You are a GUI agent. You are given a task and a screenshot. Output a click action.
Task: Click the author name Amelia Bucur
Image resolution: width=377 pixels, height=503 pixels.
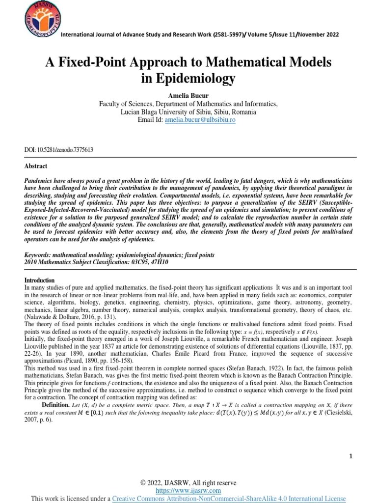coord(188,95)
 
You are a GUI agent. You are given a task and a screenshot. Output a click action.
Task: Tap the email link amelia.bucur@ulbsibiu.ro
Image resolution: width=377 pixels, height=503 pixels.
coord(200,119)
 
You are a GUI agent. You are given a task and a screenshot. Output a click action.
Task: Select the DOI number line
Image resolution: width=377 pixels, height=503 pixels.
coord(59,149)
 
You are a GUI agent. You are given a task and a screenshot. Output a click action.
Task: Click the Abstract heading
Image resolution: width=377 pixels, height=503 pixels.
coord(36,166)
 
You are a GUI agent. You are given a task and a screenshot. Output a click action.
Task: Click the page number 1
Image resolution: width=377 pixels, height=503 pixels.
coord(351,456)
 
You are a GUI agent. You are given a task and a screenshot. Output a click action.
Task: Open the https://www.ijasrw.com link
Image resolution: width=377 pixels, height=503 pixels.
coord(188,491)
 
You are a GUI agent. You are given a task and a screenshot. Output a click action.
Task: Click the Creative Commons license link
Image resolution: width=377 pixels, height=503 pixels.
coord(229,499)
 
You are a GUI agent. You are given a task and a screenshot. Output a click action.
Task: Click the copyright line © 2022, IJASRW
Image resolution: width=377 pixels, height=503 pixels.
coord(188,483)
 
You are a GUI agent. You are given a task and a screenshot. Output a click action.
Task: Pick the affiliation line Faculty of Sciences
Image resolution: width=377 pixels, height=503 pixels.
coord(188,104)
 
